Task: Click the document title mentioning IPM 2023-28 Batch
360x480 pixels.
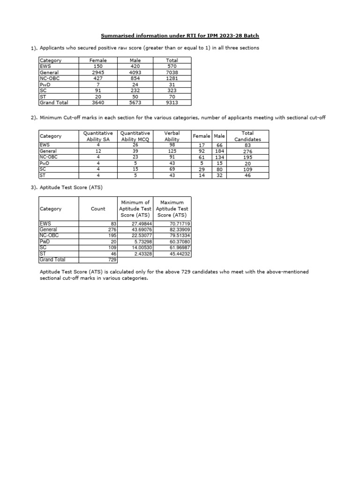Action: point(180,36)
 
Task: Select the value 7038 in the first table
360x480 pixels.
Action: point(172,73)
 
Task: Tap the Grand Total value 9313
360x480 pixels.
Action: point(172,103)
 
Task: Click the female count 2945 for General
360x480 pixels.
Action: point(98,73)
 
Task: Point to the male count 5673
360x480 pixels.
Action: point(135,103)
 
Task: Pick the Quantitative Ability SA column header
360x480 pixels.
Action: point(98,136)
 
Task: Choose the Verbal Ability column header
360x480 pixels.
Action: point(172,136)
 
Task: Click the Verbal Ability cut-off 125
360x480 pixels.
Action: point(172,151)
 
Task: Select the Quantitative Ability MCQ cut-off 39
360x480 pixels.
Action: point(135,151)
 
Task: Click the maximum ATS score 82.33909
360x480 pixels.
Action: point(180,230)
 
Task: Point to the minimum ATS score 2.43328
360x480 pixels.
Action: point(141,254)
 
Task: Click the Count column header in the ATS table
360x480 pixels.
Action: point(98,209)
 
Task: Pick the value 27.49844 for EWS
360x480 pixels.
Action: point(141,224)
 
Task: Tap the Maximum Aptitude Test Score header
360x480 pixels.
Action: point(172,209)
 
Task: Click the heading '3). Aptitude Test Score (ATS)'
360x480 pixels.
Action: point(71,187)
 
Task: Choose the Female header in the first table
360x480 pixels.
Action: point(98,60)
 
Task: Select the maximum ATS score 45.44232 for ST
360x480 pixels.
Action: point(180,254)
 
